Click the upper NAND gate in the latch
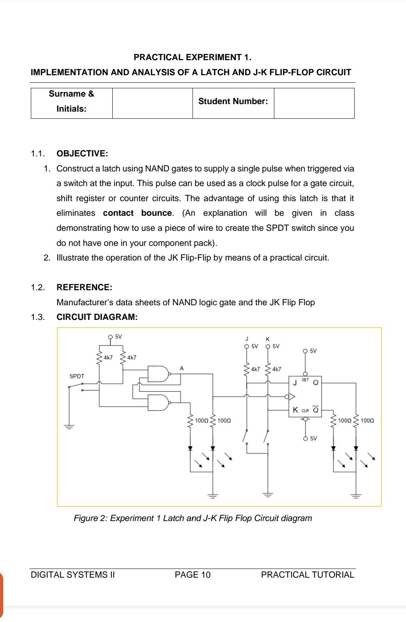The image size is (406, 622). [157, 374]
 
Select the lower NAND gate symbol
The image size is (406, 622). [157, 402]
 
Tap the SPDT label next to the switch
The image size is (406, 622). [77, 376]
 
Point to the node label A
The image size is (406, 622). [181, 368]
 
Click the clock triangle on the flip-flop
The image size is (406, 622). [292, 396]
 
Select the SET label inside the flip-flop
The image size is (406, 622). [305, 380]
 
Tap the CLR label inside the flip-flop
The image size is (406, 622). [305, 411]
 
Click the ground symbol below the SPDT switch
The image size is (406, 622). [69, 426]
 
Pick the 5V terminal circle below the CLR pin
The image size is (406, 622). [305, 438]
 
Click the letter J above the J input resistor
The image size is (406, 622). [247, 339]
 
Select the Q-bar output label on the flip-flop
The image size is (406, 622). [315, 410]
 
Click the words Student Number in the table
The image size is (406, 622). [233, 101]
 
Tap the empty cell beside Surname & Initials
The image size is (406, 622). [152, 103]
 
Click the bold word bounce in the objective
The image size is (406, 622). [157, 213]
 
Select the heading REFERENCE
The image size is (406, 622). [84, 287]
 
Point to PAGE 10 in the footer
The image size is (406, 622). [193, 575]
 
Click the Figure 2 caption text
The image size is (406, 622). [193, 518]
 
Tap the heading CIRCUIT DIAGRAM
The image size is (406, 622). [97, 317]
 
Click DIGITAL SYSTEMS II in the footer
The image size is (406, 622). [73, 575]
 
